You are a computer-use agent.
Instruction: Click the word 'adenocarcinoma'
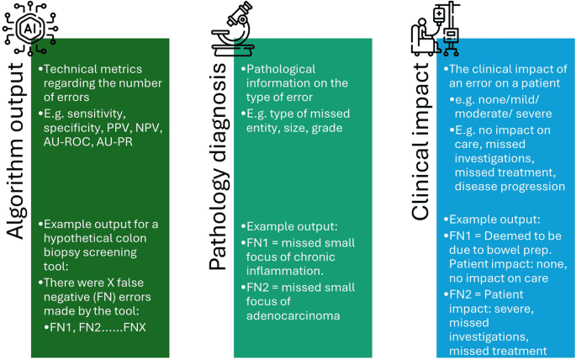click(292, 315)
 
